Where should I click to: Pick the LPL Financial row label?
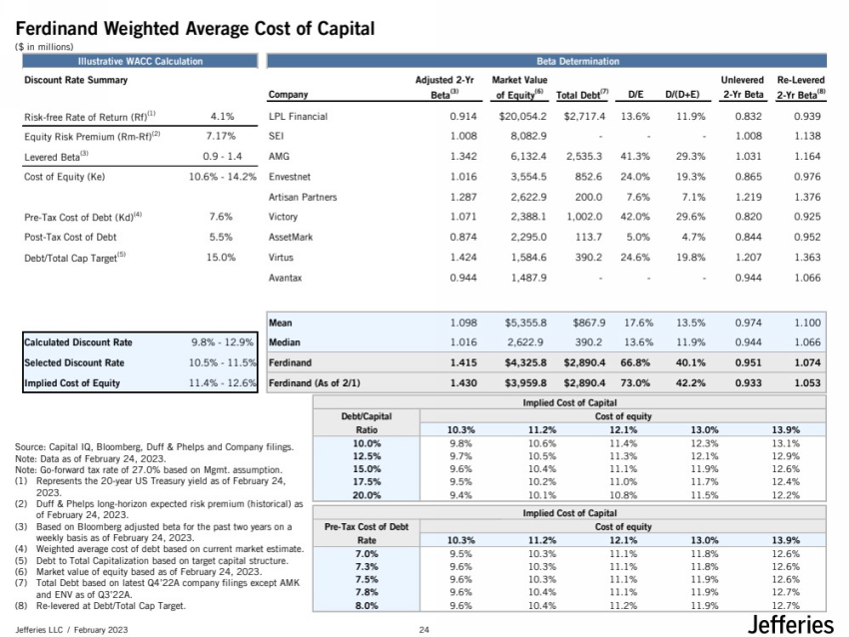coord(299,117)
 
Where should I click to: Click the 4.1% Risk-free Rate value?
coord(222,117)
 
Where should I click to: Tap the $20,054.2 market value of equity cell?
coord(519,117)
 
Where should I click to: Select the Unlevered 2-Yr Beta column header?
coord(742,88)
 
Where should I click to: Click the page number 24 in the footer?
coord(424,629)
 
